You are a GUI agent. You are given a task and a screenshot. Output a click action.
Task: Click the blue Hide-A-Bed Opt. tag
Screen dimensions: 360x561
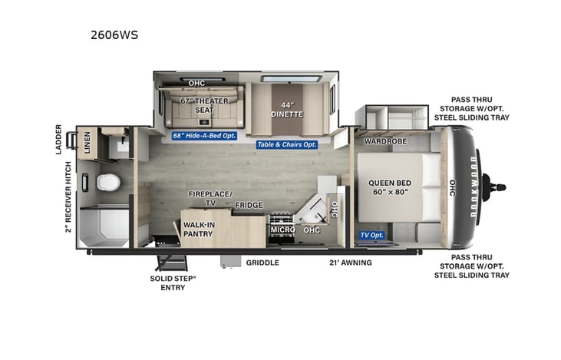click(x=205, y=136)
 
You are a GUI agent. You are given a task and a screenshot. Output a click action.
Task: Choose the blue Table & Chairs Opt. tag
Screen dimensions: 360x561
click(x=286, y=144)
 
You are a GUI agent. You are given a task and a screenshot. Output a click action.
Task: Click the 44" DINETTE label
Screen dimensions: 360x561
click(x=287, y=109)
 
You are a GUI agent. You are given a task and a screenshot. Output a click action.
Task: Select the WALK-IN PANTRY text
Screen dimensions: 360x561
click(x=198, y=229)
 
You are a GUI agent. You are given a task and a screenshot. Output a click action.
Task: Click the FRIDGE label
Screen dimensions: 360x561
click(x=249, y=205)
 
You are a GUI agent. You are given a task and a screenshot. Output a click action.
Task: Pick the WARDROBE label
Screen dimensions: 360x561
click(x=385, y=142)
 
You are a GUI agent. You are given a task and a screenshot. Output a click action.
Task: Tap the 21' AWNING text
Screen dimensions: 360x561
click(x=350, y=263)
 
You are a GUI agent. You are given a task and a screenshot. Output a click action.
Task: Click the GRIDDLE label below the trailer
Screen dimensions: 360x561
click(x=262, y=263)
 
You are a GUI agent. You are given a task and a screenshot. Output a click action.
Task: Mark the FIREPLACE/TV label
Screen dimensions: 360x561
click(x=210, y=198)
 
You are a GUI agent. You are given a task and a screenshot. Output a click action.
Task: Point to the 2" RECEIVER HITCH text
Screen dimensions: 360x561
click(x=68, y=197)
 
